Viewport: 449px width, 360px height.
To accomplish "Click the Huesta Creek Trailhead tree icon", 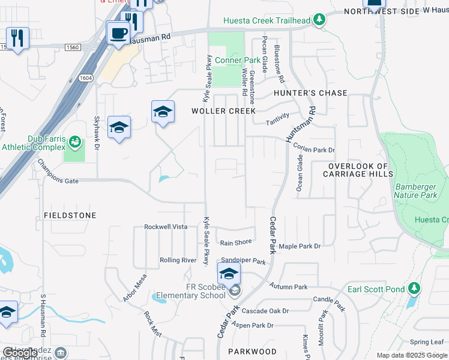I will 320,20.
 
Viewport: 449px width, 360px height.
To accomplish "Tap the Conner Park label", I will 237,61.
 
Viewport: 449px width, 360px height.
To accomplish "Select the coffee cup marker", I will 117,32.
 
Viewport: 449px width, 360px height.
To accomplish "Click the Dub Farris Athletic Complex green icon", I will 74,142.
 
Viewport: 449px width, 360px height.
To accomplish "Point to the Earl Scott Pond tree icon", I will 413,289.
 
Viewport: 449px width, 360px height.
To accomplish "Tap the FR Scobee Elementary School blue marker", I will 229,274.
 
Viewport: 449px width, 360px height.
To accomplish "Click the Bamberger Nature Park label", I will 415,191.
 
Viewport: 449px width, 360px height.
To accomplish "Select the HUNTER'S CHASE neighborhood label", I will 310,93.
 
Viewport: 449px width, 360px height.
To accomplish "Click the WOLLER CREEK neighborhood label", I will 223,111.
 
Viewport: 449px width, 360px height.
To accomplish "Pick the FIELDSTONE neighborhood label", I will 70,215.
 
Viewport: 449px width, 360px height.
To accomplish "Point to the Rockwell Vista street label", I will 166,227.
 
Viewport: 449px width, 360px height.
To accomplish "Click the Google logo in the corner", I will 20,353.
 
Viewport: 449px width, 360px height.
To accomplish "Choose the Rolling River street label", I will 178,260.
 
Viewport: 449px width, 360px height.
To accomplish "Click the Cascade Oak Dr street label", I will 265,311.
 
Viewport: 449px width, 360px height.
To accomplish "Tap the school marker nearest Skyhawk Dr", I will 119,127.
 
